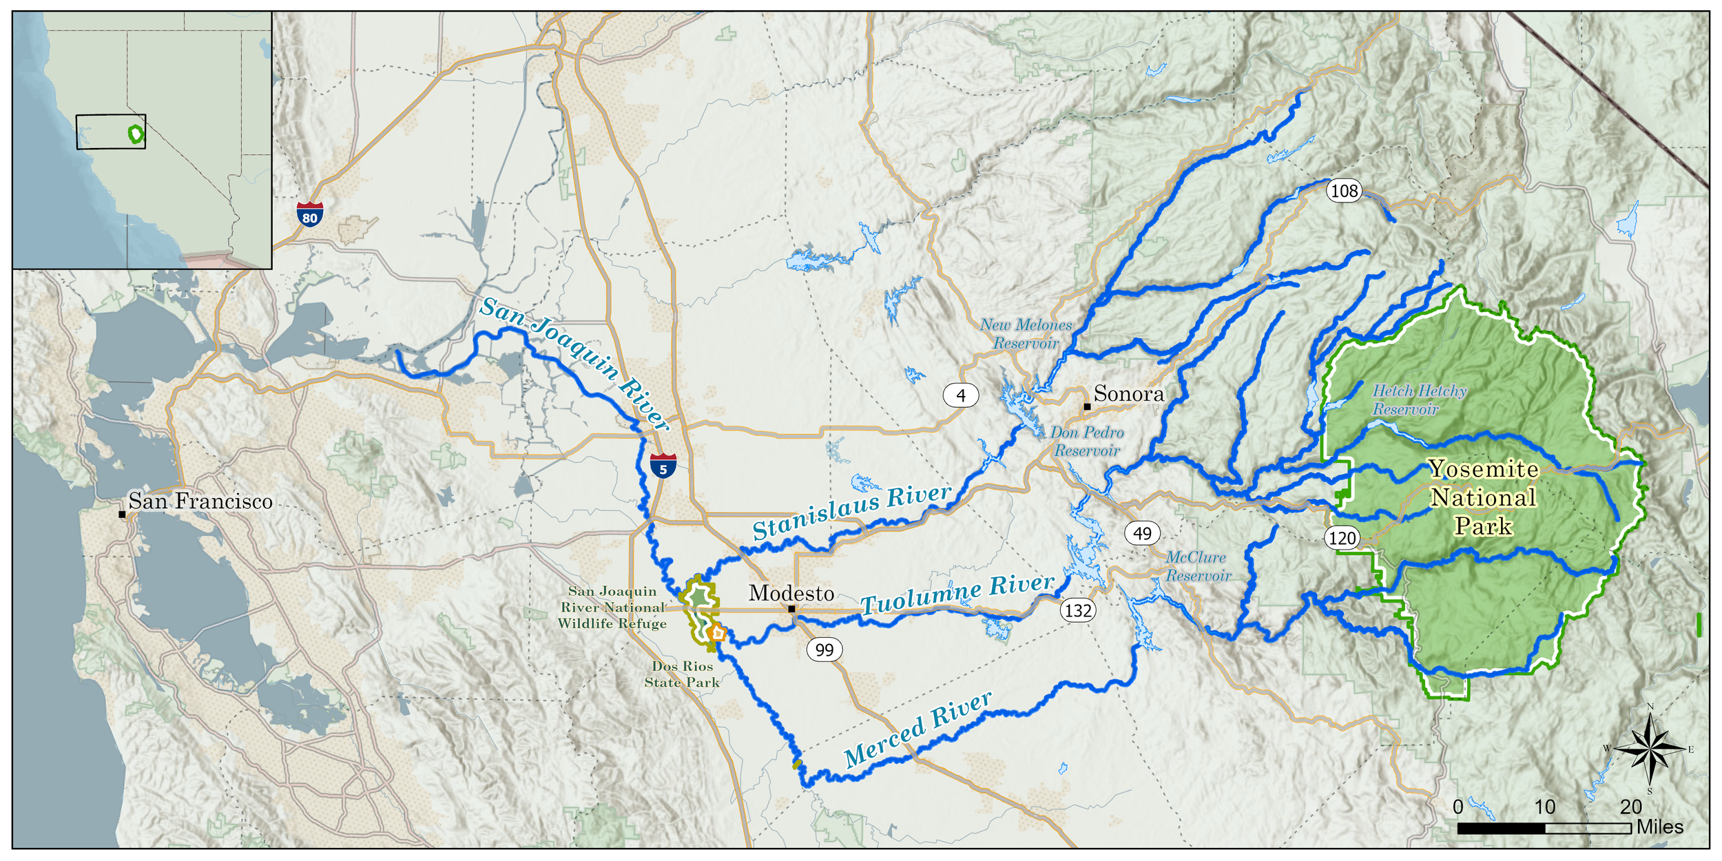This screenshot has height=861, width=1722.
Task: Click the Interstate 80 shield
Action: (310, 214)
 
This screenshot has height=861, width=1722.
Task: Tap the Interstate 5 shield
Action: (663, 466)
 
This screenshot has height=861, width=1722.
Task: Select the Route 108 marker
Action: (1344, 190)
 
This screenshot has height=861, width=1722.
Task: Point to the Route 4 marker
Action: (961, 395)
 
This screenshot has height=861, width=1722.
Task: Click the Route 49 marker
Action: (1142, 533)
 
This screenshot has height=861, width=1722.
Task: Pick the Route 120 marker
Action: (1342, 538)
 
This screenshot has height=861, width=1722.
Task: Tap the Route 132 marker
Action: (1078, 610)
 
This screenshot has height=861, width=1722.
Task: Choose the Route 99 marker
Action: (824, 650)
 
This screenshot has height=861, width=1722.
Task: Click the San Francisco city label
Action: (200, 501)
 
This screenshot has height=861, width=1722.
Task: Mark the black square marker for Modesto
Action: (791, 609)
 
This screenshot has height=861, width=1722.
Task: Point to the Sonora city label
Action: (1128, 394)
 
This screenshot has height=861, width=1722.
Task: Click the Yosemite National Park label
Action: (1483, 498)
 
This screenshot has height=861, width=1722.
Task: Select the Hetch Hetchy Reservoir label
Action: (1419, 400)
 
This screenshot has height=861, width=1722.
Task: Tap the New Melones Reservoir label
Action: (1026, 334)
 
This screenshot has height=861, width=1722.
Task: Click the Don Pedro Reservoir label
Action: (1087, 442)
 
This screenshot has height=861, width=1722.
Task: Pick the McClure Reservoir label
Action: (1197, 566)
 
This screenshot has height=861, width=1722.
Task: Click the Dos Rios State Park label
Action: (682, 674)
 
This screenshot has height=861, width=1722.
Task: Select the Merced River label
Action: (917, 730)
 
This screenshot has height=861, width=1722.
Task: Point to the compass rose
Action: (1650, 748)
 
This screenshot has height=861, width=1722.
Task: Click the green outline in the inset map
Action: (137, 134)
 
